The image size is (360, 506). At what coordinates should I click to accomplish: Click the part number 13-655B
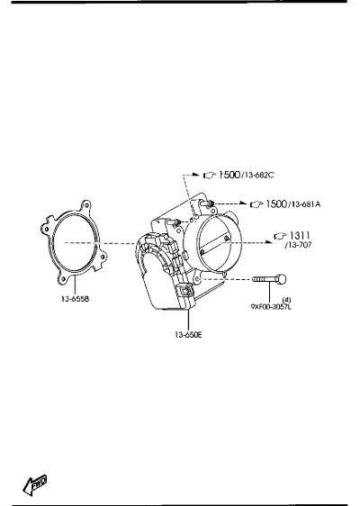[76, 299]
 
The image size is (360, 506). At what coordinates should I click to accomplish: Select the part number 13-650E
[189, 335]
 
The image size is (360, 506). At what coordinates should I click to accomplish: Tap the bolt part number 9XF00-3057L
[271, 306]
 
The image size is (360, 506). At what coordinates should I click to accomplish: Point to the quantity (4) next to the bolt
[286, 300]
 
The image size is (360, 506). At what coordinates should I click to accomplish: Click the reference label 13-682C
[259, 176]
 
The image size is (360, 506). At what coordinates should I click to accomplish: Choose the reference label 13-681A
[306, 204]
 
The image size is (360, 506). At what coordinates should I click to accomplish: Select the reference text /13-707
[299, 245]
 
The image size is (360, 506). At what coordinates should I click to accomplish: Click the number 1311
[300, 236]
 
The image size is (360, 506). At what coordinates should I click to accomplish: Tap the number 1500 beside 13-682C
[229, 175]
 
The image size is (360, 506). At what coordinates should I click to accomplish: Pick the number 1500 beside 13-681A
[276, 204]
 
